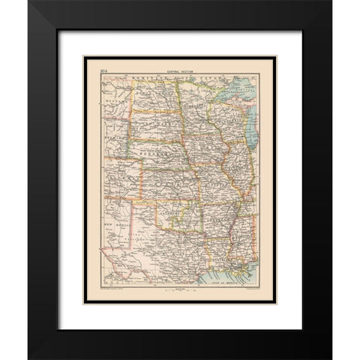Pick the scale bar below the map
click(179, 286)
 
